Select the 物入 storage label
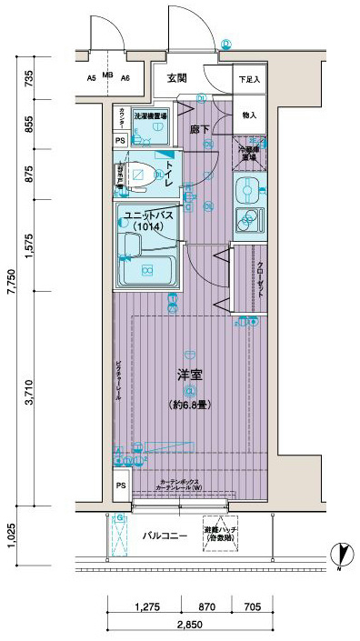tap(248, 115)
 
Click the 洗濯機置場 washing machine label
tap(150, 116)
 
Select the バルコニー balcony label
tap(165, 536)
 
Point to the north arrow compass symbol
tap(338, 552)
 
